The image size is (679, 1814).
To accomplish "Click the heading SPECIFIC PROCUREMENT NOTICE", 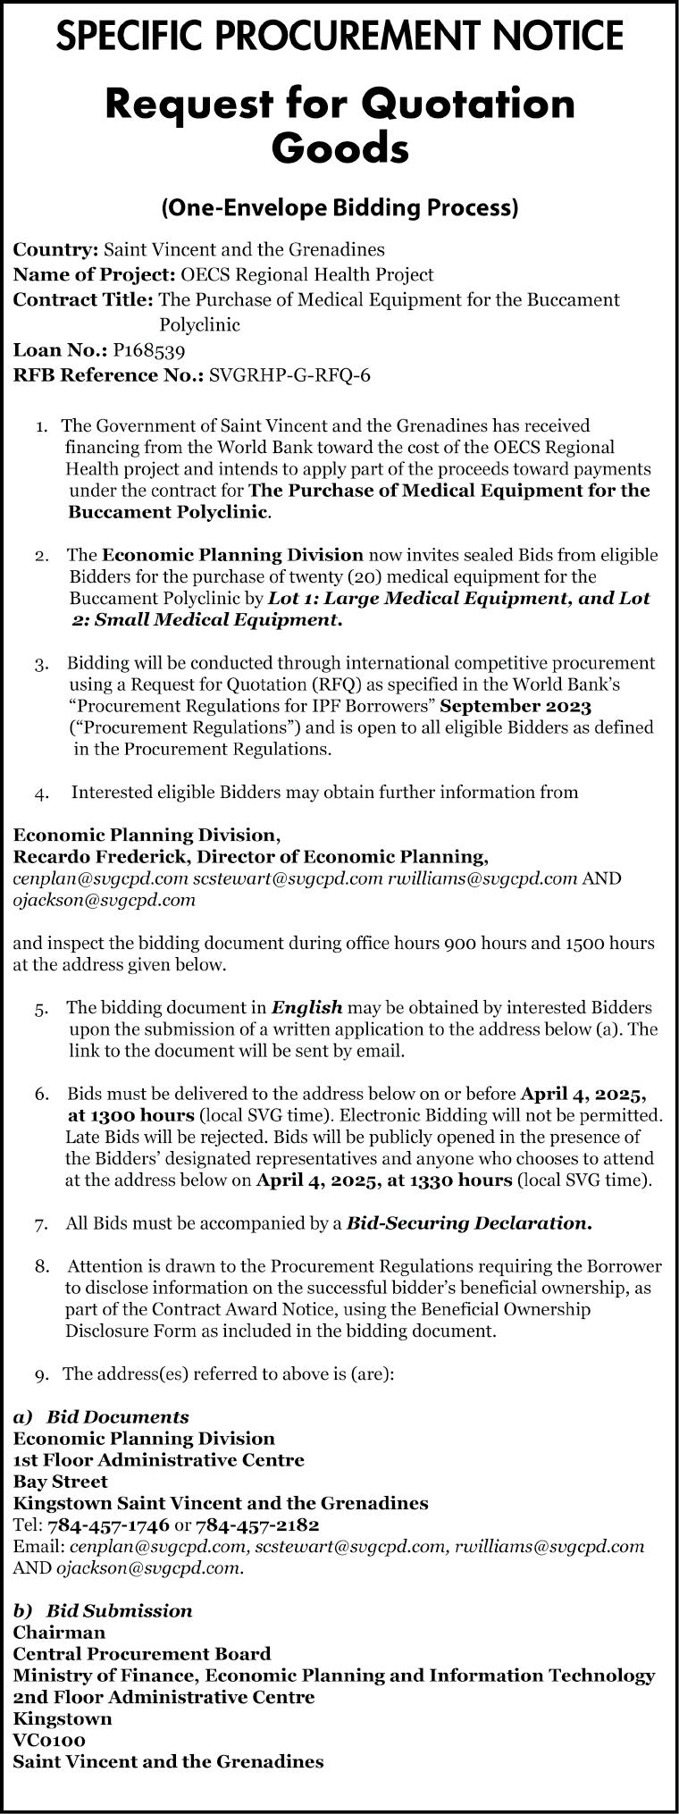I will point(339,37).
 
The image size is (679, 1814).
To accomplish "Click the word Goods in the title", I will point(339,148).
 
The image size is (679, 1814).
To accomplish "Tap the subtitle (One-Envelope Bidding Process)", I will point(339,208).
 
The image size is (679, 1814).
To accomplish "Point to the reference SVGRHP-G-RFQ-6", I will point(289,375).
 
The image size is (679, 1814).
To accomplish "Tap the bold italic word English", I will point(307,1007).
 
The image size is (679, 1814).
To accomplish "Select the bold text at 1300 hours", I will point(131,1114).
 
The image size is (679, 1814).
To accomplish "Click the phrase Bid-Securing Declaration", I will point(469,1222).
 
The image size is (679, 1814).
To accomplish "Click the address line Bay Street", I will point(61,1481).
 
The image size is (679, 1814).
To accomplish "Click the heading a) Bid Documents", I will point(101,1416).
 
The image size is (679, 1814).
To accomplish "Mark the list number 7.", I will point(41,1223).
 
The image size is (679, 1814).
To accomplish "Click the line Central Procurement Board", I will point(142,1654).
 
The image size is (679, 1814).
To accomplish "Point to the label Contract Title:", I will point(84,299).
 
